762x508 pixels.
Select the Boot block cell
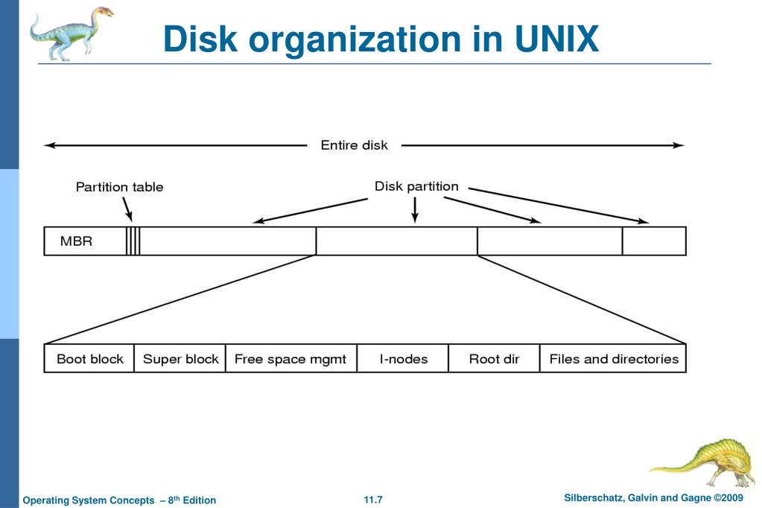[x=90, y=359]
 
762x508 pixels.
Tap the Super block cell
[x=180, y=359]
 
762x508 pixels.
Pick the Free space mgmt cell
[x=290, y=359]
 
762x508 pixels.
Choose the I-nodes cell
[x=403, y=359]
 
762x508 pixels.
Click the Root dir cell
[x=494, y=359]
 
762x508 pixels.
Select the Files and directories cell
[x=613, y=359]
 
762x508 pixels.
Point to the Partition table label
[x=119, y=187]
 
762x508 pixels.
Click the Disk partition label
[x=416, y=186]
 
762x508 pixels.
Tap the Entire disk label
[x=354, y=145]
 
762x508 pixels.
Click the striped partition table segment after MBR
[x=133, y=241]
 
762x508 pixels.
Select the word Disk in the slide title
[x=200, y=39]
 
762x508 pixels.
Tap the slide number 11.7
[x=373, y=499]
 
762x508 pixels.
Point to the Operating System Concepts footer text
[x=119, y=500]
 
